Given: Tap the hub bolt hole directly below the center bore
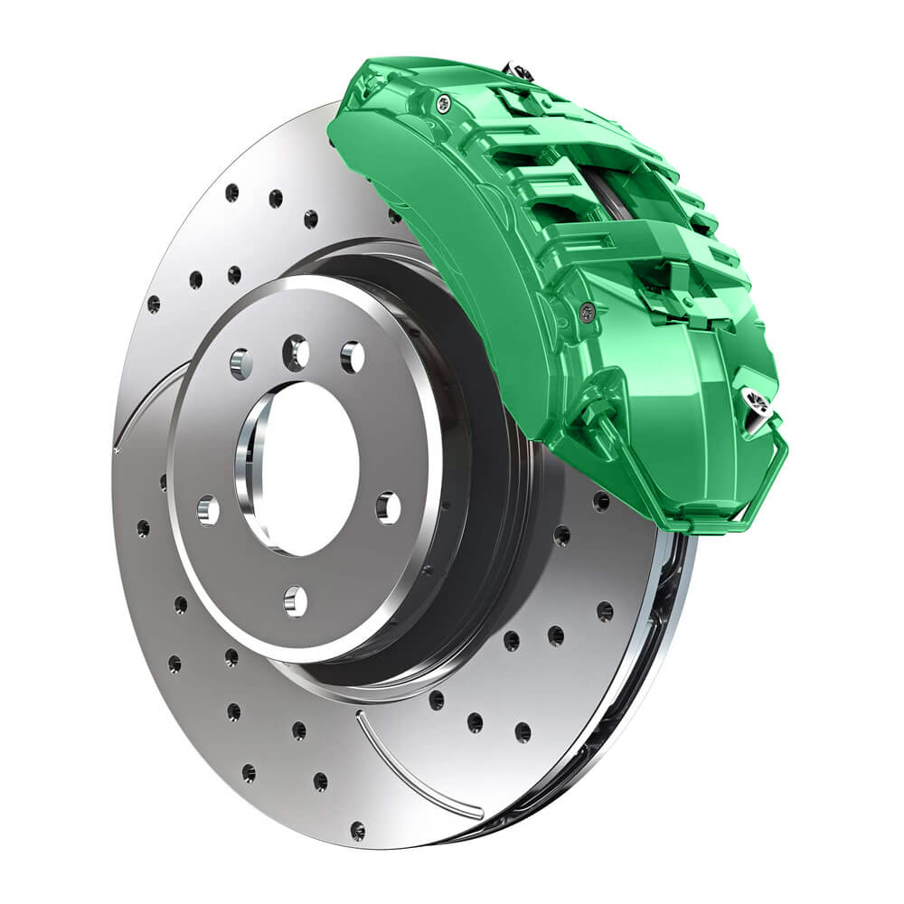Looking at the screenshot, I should (295, 600).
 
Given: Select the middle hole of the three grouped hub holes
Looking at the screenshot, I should (296, 353).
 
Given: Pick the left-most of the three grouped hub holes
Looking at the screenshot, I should (241, 363).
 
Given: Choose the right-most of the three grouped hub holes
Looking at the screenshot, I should (352, 357).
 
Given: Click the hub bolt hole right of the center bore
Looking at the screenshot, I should (388, 507).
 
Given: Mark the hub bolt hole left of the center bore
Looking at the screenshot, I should (208, 510).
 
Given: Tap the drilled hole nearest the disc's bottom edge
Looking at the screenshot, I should (358, 830).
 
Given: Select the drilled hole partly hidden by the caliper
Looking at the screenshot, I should (395, 216).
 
